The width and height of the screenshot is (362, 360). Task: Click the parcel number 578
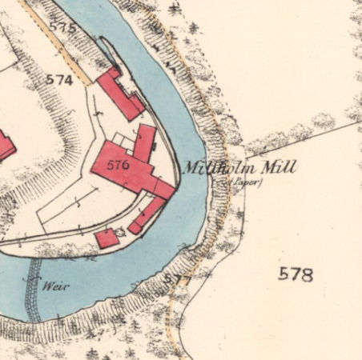pos(295,274)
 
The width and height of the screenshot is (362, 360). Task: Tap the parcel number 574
pos(60,80)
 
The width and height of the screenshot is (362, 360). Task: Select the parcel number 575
pos(62,27)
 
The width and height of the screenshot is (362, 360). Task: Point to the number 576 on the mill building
pos(117,166)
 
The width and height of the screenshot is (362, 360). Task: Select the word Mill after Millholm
pos(280,168)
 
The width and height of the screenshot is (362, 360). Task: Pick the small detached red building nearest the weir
pos(107,238)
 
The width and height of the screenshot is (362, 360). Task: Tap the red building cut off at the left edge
pos(5,146)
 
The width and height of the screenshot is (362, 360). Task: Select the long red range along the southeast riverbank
pos(147,214)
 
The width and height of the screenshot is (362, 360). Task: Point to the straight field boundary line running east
pos(304,137)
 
